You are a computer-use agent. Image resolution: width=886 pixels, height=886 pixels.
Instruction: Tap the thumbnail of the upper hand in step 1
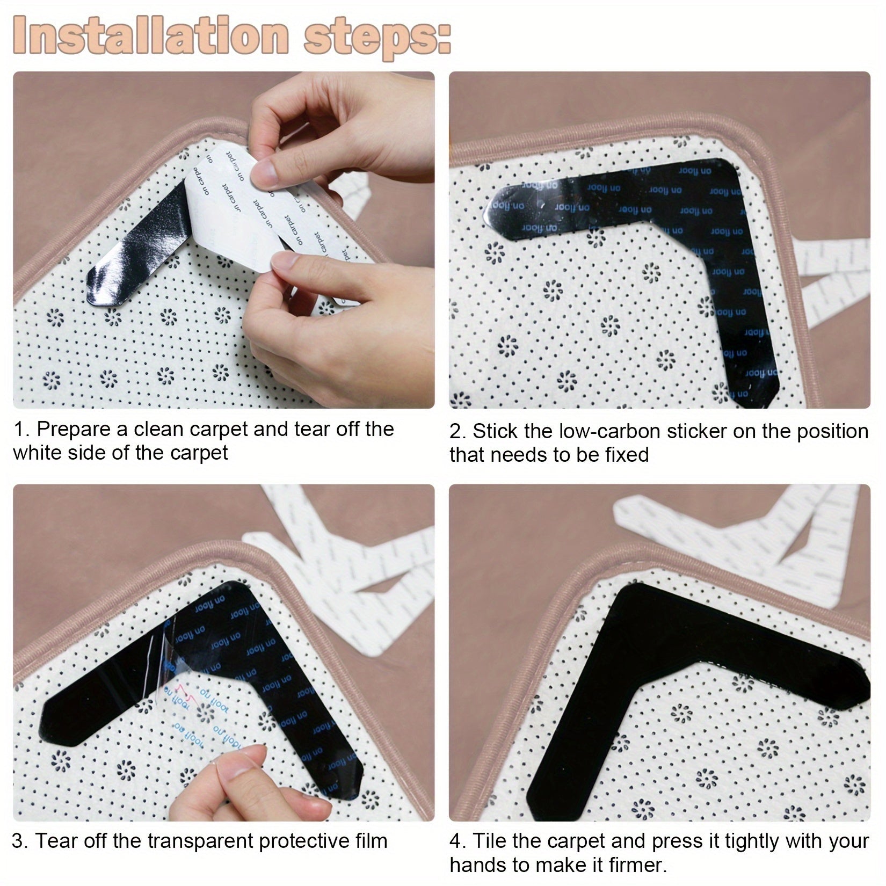pyautogui.click(x=264, y=173)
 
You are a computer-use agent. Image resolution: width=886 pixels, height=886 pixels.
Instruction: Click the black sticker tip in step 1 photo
pyautogui.click(x=99, y=290)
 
